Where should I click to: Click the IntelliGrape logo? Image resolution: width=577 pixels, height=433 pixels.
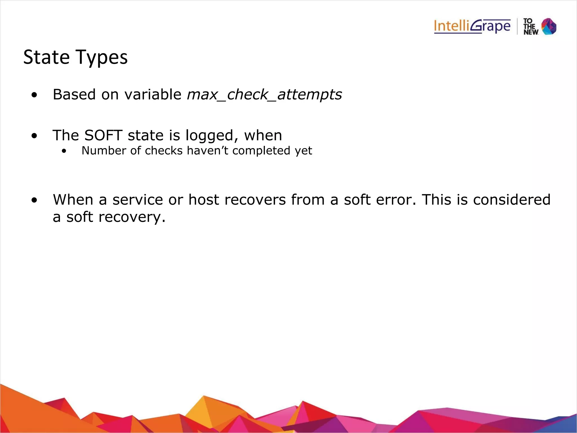tap(472, 26)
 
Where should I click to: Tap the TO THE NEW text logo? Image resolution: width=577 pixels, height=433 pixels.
tap(531, 26)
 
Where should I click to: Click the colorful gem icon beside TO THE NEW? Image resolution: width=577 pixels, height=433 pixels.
tap(549, 26)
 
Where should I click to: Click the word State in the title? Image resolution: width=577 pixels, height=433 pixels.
tap(46, 57)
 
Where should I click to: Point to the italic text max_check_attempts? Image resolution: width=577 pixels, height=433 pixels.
tap(264, 94)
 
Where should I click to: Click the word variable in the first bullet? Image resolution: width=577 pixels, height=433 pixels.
tap(153, 94)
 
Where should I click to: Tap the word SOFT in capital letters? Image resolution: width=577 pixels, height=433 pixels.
tap(103, 135)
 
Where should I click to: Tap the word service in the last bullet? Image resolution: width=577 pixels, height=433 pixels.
tap(137, 200)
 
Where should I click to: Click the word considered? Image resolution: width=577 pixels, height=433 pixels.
tap(512, 200)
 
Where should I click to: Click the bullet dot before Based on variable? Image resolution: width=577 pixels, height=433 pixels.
tap(34, 95)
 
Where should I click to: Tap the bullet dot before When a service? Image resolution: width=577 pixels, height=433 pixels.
tap(34, 200)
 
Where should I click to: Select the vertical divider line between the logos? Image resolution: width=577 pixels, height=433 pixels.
tap(517, 26)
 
